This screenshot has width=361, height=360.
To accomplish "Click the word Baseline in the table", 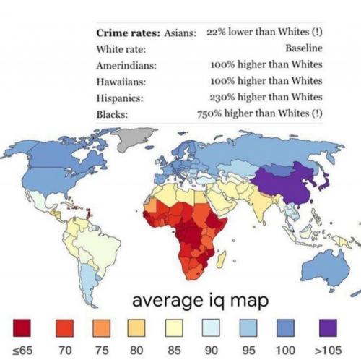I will click(x=303, y=49).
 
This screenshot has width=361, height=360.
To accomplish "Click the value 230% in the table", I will click(x=220, y=98).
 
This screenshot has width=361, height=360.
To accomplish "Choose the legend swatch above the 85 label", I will click(x=175, y=330).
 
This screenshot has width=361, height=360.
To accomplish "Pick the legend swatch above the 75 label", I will click(x=97, y=330).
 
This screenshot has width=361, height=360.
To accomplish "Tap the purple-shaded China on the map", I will click(x=285, y=181).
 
